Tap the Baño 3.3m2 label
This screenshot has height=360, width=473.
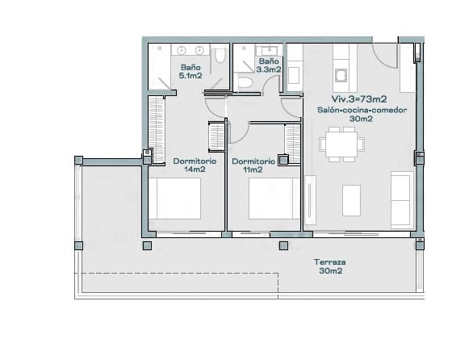coord(269,65)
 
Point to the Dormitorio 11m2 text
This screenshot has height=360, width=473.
coord(253,165)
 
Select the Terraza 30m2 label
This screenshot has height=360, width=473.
coord(331,267)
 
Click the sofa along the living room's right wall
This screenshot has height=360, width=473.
coord(401,199)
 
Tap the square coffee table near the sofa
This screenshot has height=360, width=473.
coord(351,200)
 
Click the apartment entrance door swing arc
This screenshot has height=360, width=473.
coord(386,57)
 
